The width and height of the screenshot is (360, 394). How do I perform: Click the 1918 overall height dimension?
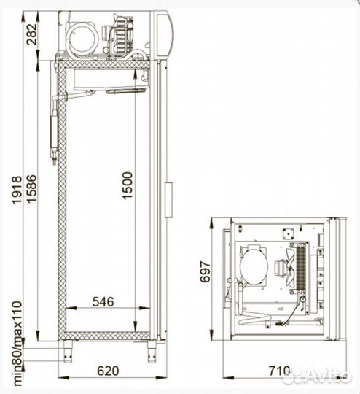click(x=17, y=190)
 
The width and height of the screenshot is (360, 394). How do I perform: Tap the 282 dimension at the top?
click(x=32, y=34)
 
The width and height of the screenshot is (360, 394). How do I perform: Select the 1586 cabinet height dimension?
click(x=32, y=189)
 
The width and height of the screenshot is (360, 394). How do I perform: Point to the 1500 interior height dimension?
click(x=128, y=185)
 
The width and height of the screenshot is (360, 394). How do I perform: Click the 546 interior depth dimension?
click(x=103, y=302)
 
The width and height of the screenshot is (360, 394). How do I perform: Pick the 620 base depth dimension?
click(x=108, y=371)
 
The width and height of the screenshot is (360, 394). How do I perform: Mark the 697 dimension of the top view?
click(x=205, y=272)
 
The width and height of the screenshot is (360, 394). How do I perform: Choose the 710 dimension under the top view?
click(x=279, y=371)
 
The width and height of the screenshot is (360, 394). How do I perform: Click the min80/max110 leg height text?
click(x=17, y=343)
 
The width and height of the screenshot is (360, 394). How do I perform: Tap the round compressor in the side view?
click(x=82, y=37)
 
